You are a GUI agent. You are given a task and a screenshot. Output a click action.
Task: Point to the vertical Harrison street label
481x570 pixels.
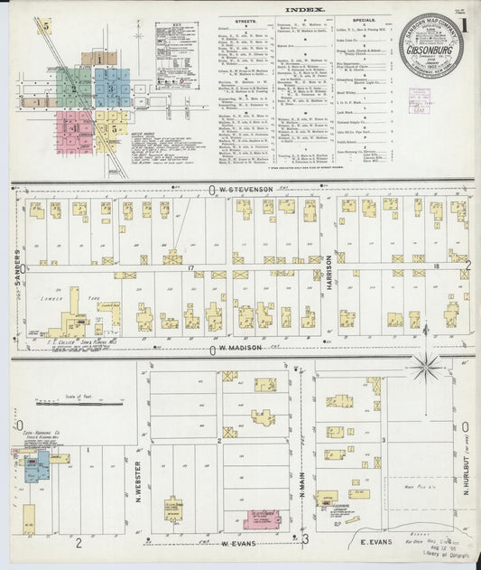(x=329, y=268)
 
